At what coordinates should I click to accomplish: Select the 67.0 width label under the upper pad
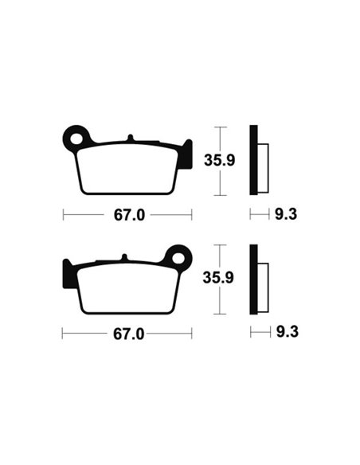click(x=127, y=215)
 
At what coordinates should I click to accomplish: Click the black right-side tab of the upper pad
click(x=186, y=154)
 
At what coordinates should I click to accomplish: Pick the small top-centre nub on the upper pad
click(x=130, y=141)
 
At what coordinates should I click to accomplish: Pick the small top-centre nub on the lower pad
click(x=124, y=257)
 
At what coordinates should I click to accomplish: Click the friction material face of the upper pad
click(x=127, y=169)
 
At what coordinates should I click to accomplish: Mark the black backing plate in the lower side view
click(x=254, y=279)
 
